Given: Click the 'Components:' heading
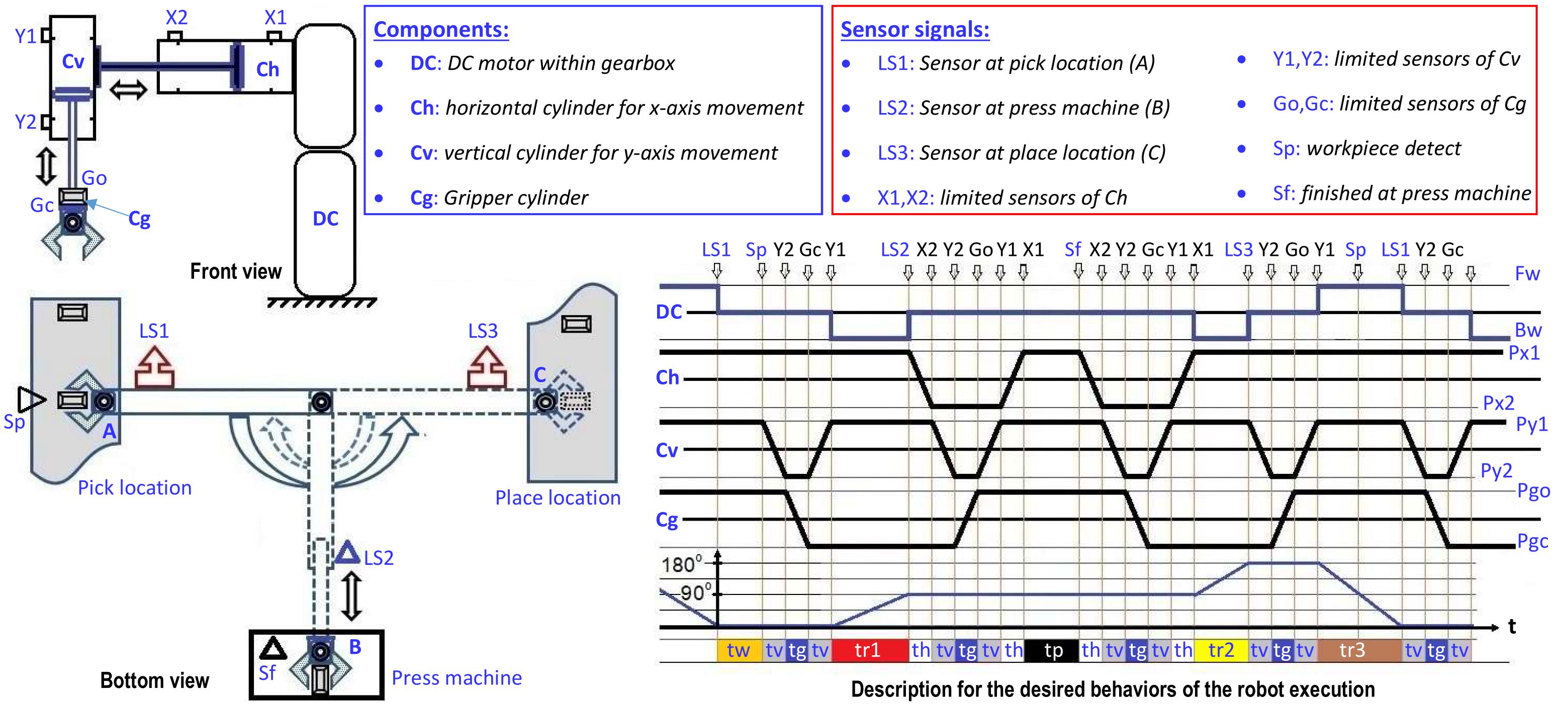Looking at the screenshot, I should coord(441,29).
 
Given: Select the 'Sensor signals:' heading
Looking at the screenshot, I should coord(915,29).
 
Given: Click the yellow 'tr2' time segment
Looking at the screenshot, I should coord(1221,650).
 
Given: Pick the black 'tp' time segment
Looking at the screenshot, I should coord(1053,651).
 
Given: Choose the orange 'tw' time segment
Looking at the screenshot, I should coord(739,650).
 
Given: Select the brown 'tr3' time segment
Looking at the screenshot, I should coord(1352,650).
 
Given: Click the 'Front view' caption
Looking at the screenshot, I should coord(236,271).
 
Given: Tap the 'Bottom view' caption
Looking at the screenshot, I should coord(154,680).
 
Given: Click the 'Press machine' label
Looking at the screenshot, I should coord(456,678).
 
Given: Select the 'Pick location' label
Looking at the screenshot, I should coord(135,487).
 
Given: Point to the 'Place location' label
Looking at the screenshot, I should coord(558,497).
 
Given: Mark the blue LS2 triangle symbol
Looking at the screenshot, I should coord(347,553).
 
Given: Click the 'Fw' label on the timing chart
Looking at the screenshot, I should coord(1527,274).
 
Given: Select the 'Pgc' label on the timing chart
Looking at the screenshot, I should coord(1532,542).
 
